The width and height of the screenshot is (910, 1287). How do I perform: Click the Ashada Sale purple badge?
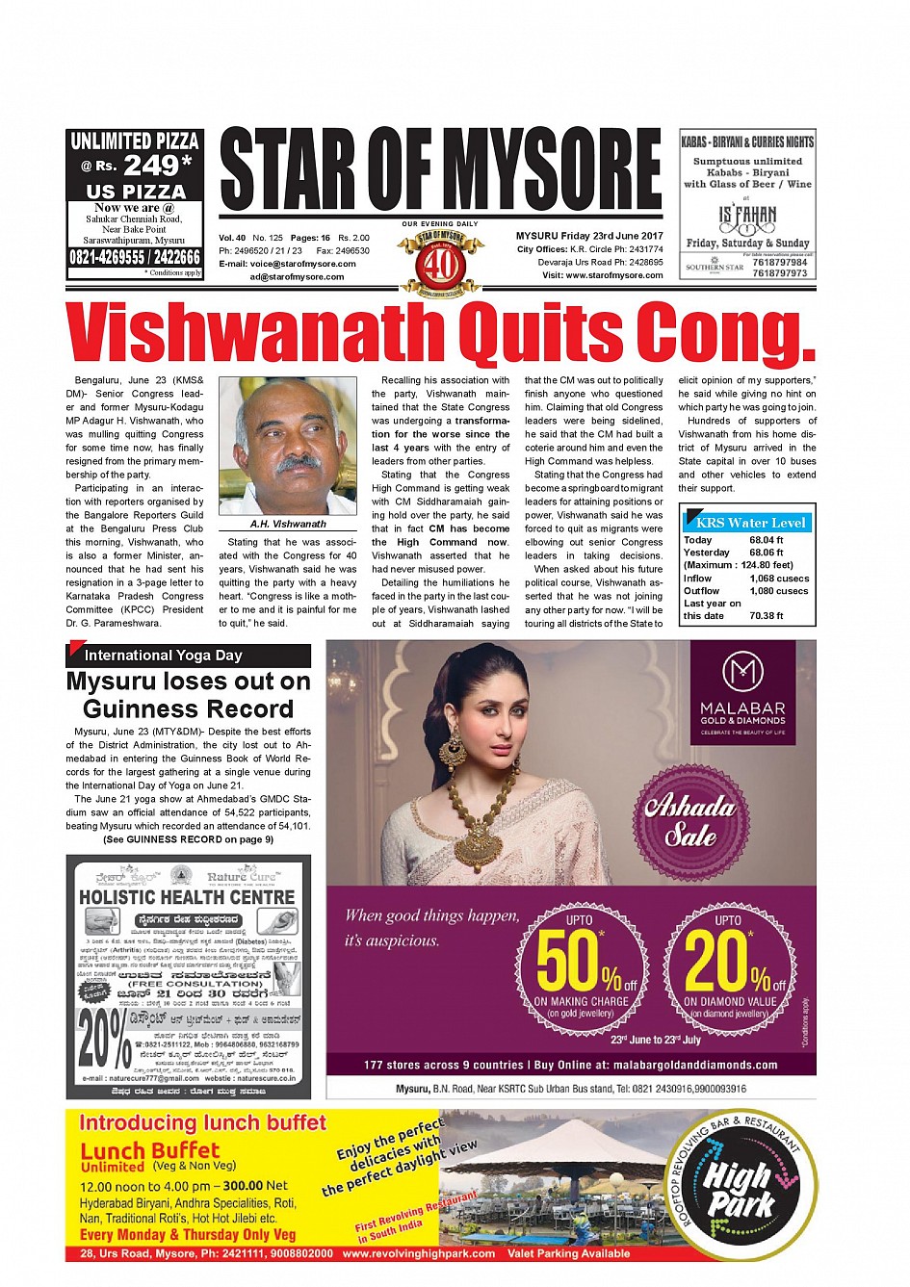point(689,820)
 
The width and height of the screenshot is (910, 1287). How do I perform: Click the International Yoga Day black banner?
point(189,656)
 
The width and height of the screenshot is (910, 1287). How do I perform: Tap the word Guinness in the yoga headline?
point(188,709)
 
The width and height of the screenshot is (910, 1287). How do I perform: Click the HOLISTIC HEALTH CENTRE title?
point(187,897)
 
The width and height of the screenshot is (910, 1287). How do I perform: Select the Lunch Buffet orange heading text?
point(149,1151)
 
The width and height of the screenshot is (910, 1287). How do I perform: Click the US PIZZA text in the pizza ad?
point(135,192)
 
